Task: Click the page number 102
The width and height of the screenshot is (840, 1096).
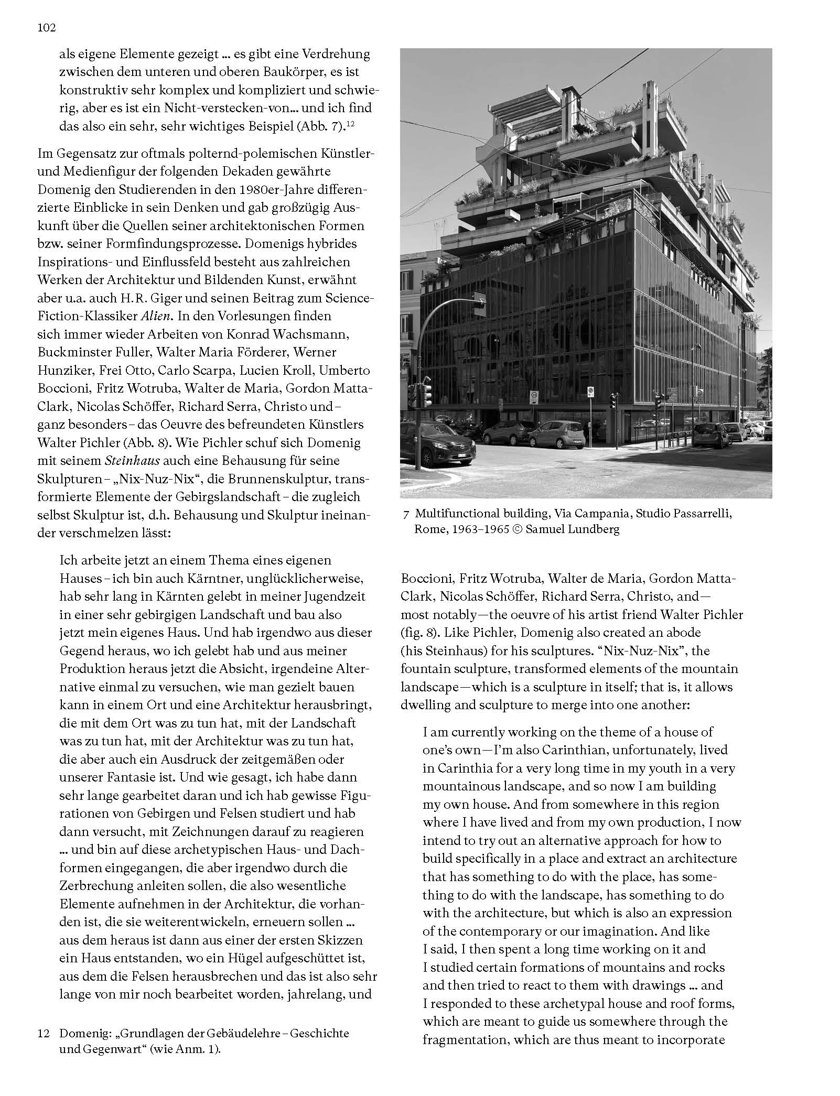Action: click(x=47, y=28)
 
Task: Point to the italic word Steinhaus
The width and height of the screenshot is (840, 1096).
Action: click(x=127, y=461)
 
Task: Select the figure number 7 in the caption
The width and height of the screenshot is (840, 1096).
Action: click(x=406, y=515)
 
